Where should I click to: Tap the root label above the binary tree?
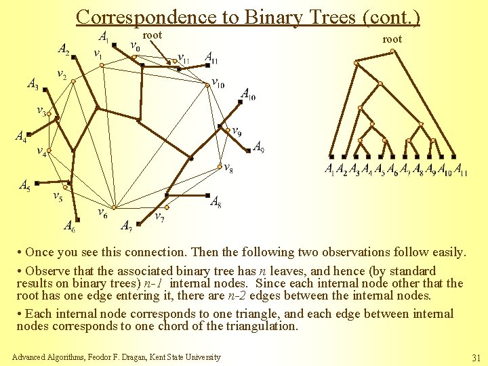coord(392,39)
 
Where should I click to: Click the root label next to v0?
coord(152,35)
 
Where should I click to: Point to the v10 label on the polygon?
coord(218,83)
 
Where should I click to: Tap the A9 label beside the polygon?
coord(258,146)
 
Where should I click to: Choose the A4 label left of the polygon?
coord(21,136)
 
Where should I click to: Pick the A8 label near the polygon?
coord(216,201)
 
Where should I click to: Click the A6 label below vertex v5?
coord(70,226)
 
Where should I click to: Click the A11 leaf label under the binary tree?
coord(461,169)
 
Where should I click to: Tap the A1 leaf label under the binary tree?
coord(329,169)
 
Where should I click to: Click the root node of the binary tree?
coord(357,63)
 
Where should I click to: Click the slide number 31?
coord(474,357)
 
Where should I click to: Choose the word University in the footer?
coord(201,357)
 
